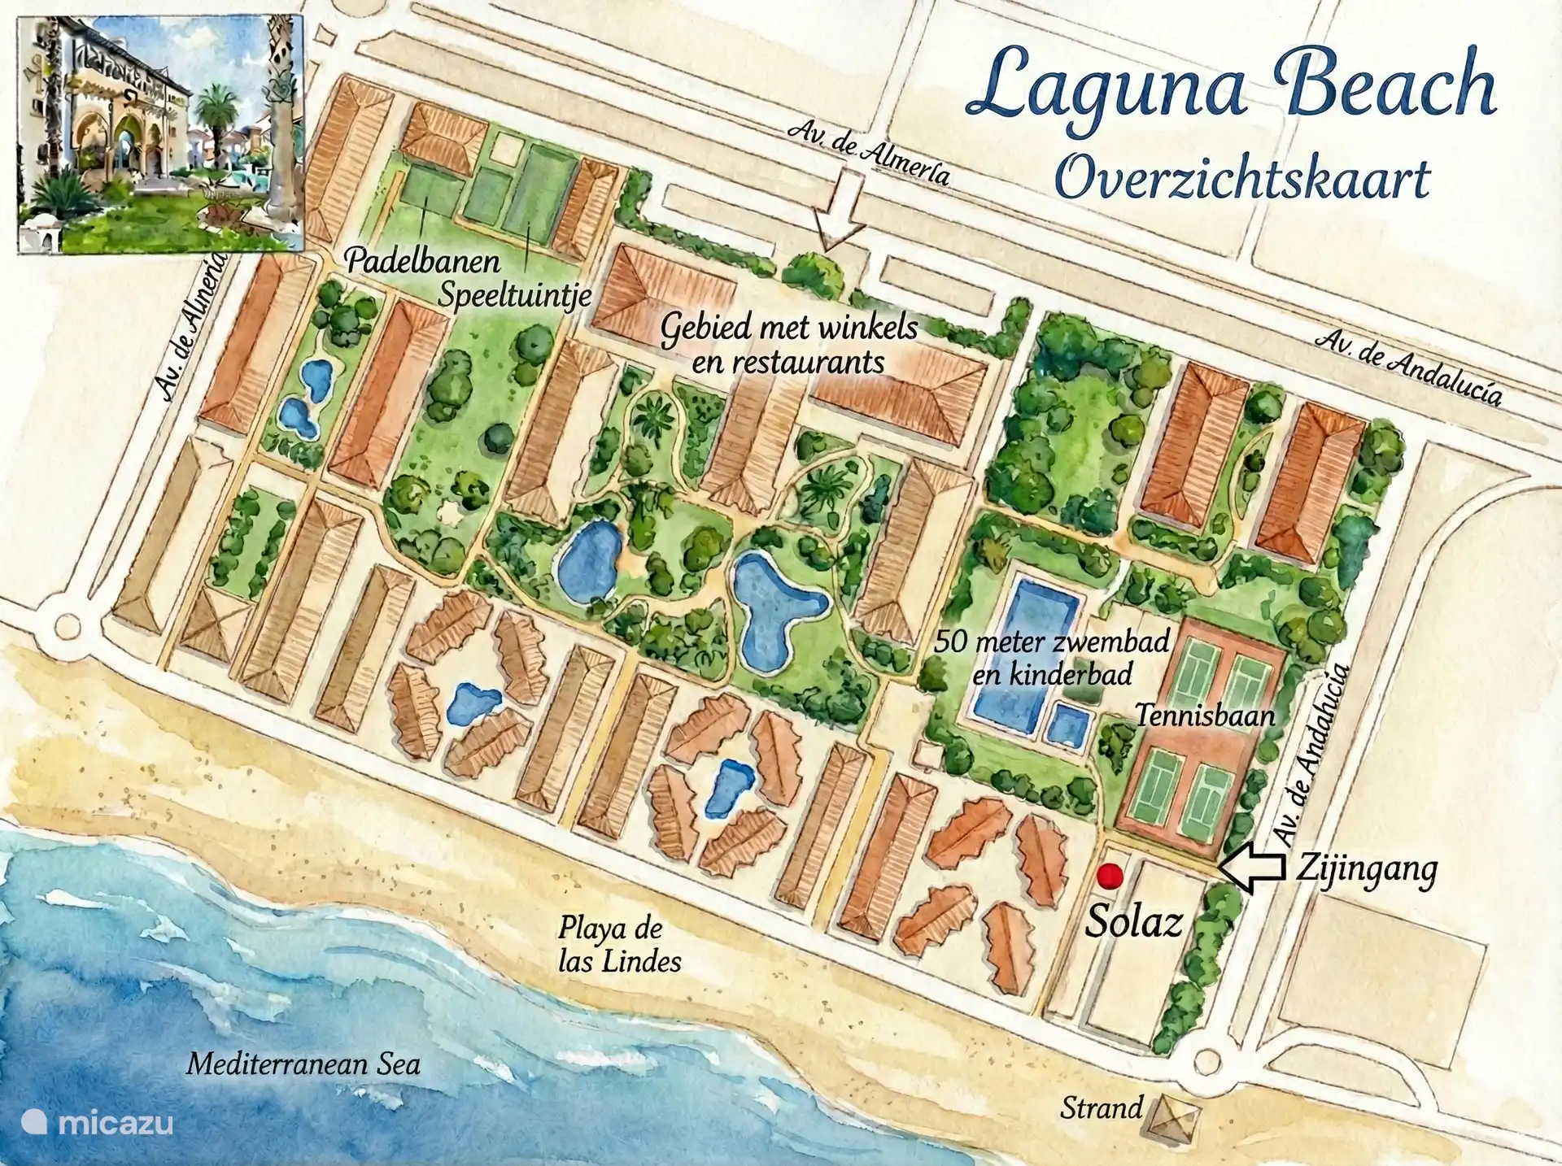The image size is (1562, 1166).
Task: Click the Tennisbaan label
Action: tap(1206, 716)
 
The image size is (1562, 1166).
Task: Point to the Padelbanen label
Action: tap(421, 263)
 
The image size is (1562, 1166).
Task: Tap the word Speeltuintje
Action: tap(514, 295)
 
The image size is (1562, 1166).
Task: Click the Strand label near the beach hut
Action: tap(1102, 1107)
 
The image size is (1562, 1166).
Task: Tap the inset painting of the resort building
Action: tap(159, 134)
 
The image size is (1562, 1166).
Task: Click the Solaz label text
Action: tap(1134, 922)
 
